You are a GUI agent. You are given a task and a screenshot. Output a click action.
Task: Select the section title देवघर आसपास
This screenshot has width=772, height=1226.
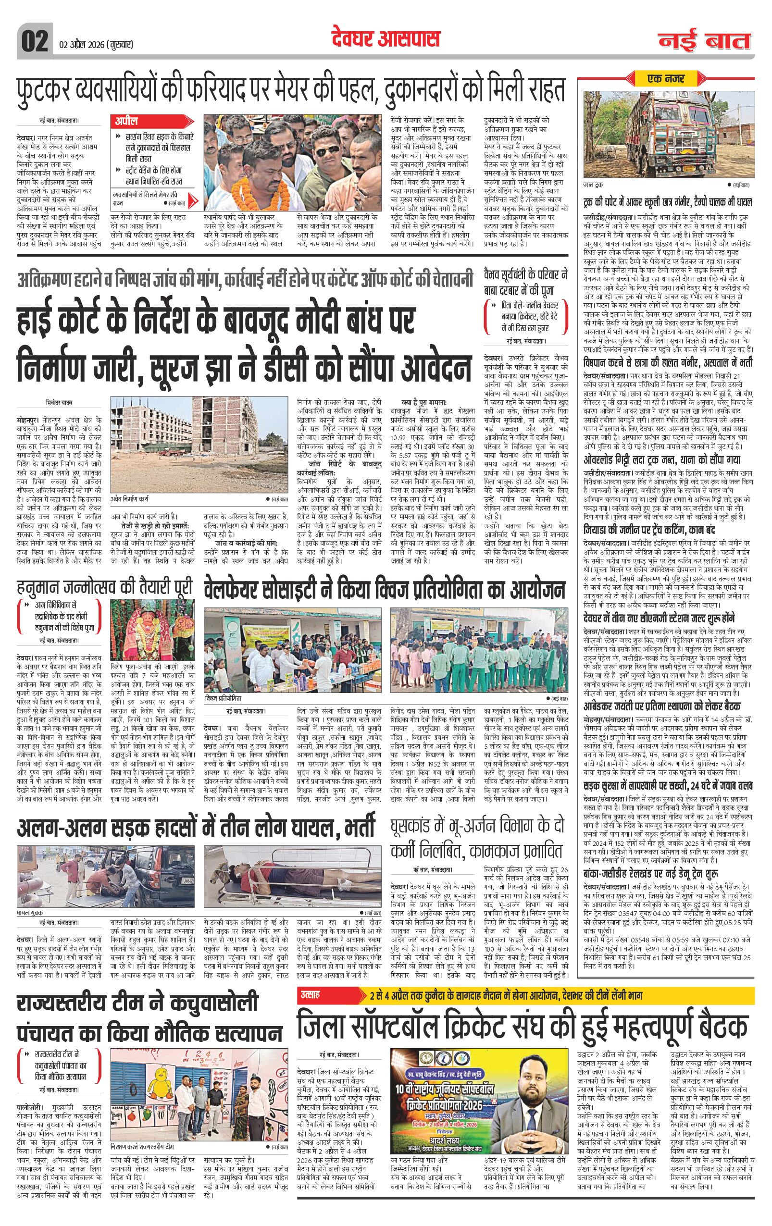pos(385,38)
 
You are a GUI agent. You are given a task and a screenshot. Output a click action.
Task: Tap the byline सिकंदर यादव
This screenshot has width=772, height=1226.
pos(59,402)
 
